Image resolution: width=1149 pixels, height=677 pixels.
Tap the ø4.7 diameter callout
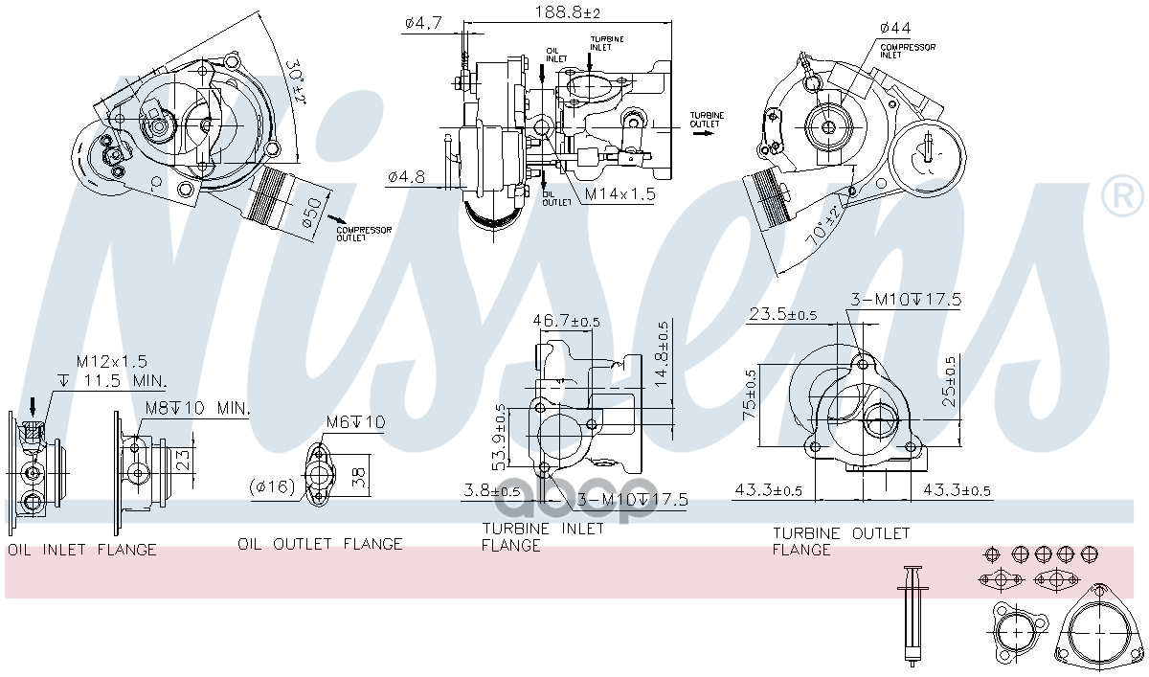421,23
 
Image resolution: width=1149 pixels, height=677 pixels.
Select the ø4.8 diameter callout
406,176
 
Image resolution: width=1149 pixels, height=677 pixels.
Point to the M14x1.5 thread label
620,194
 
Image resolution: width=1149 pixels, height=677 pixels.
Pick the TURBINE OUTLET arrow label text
707,119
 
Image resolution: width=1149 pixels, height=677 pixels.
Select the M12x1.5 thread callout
112,361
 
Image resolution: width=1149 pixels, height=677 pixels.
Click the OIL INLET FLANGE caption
82,550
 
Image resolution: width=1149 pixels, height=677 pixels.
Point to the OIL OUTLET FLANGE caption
320,544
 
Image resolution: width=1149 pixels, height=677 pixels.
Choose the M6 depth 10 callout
355,421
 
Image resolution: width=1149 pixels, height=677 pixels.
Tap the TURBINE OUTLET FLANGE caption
841,541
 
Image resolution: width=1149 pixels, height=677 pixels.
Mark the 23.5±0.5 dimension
783,314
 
